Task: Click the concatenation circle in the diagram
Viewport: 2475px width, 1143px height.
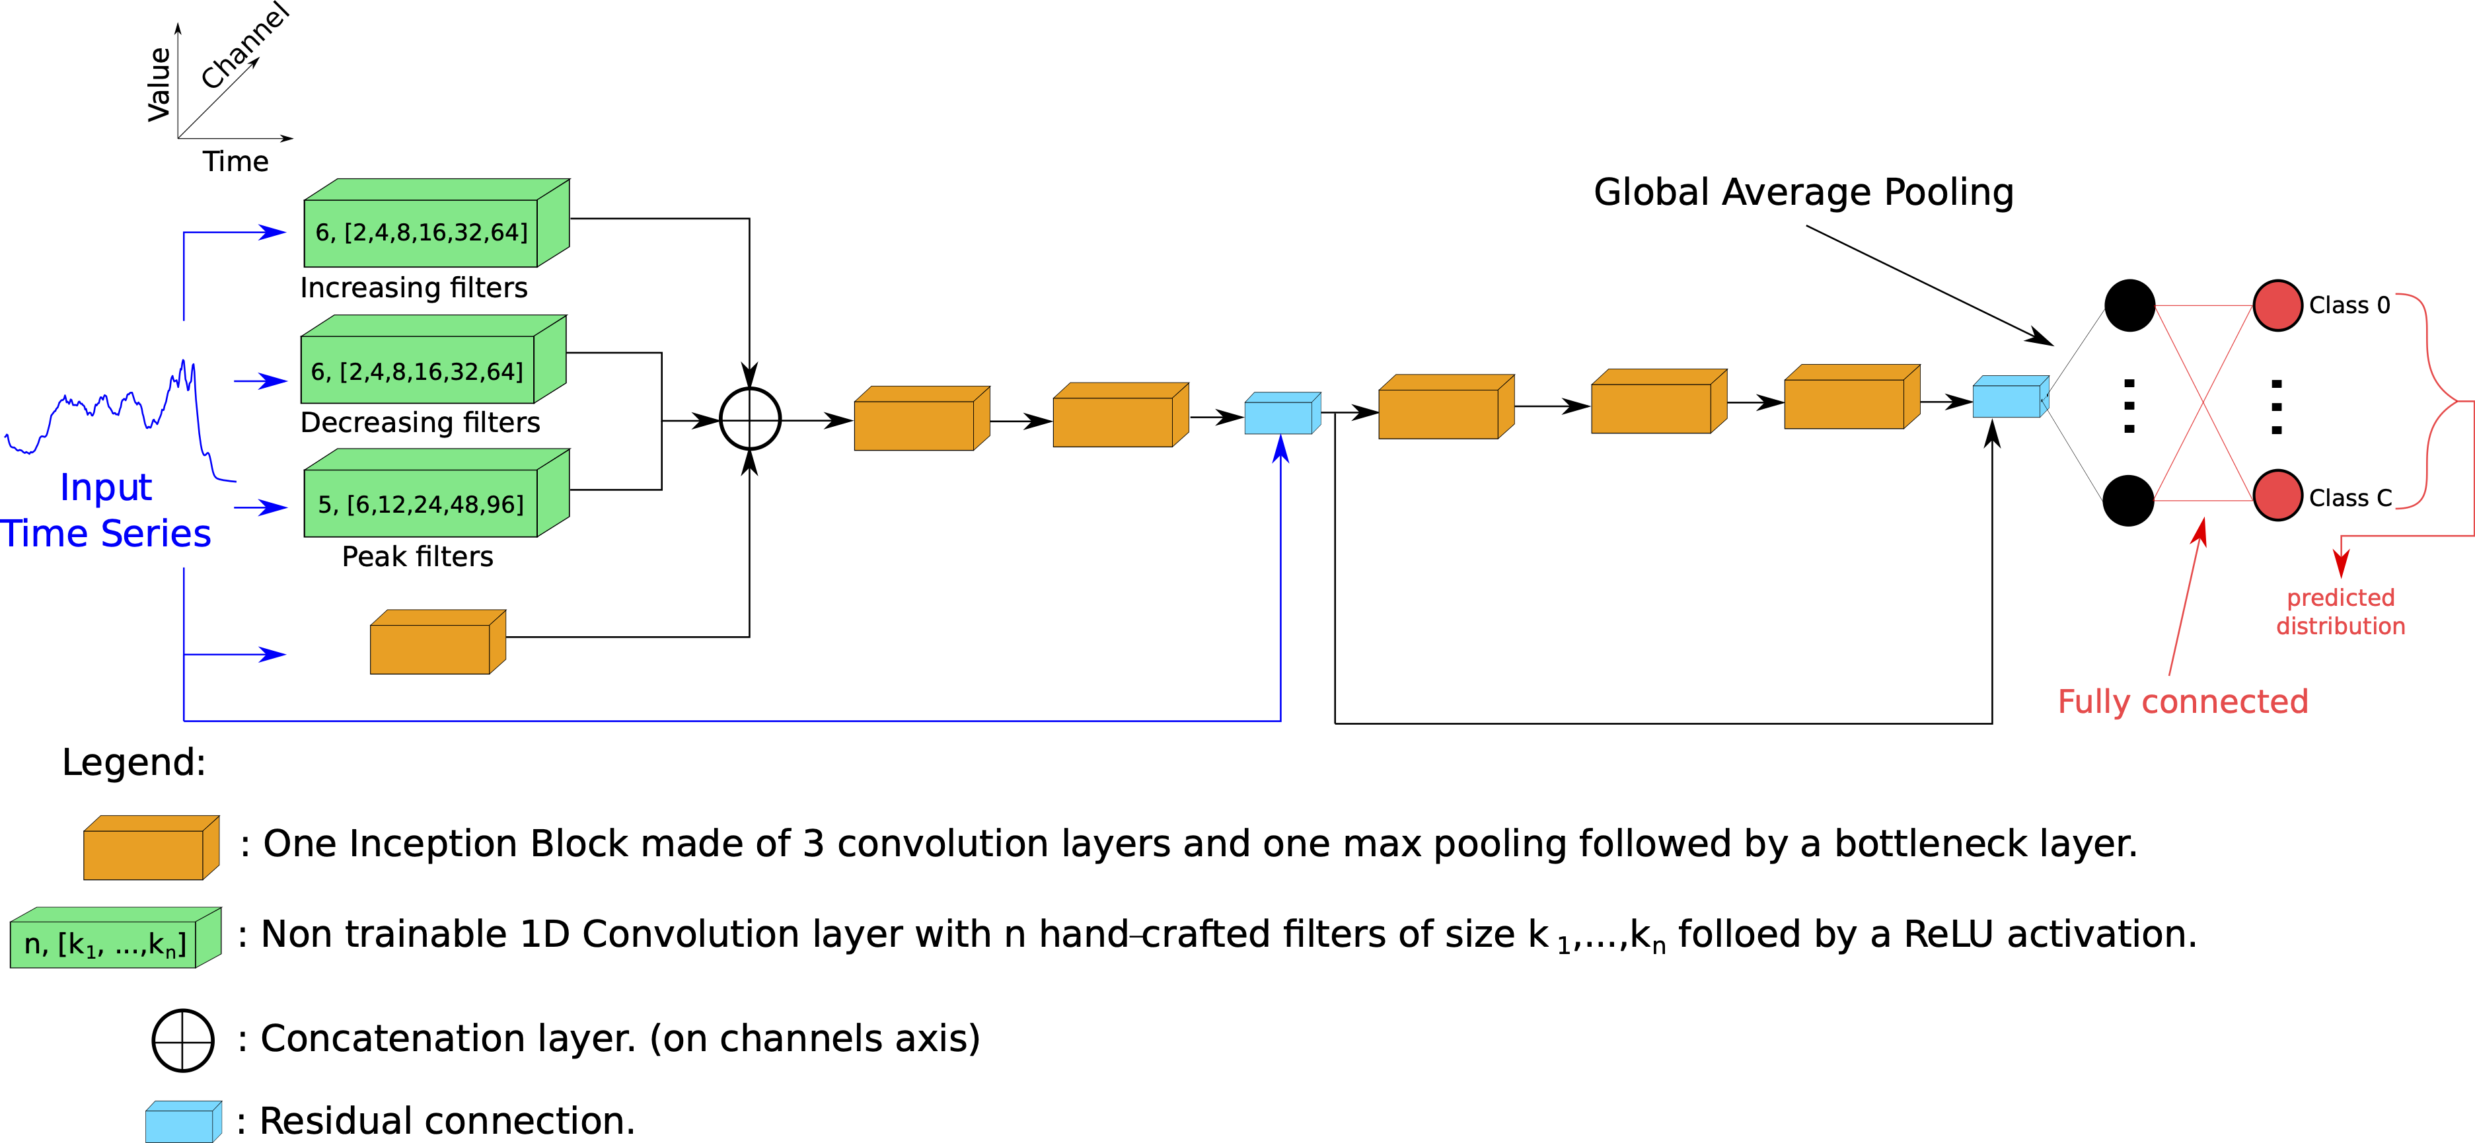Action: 749,419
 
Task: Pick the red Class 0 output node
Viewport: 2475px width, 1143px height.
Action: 2277,305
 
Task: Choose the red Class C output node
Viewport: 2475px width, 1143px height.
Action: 2277,496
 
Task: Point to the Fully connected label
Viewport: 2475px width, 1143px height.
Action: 2182,701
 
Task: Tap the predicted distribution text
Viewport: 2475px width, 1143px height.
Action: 2340,612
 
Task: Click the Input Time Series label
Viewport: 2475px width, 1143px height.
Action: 106,510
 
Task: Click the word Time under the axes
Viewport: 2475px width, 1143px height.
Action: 235,161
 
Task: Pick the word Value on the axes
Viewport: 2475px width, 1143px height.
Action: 159,85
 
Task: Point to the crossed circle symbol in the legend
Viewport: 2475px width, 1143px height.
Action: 182,1040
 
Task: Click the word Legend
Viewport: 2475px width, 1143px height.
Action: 133,762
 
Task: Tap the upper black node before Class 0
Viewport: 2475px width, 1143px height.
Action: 2129,305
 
